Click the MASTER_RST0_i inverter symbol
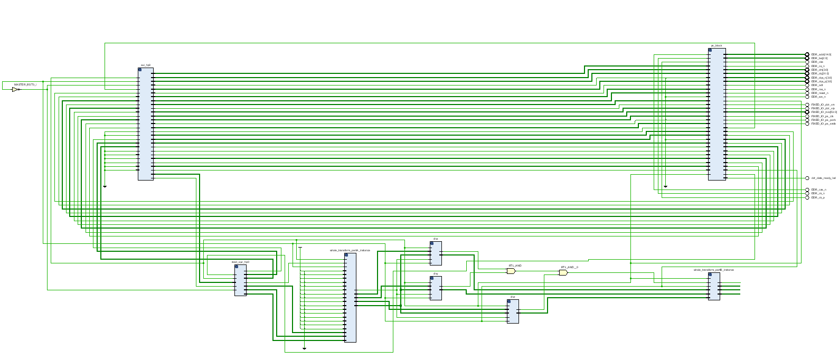coord(16,89)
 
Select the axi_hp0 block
coord(146,124)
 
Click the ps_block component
coord(717,114)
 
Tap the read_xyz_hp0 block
coord(240,280)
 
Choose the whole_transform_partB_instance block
coord(714,286)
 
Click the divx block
coord(436,253)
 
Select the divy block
coord(436,288)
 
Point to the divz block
coord(513,311)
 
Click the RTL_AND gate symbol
coord(511,271)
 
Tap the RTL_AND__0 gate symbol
coord(563,273)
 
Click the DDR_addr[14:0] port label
coord(821,54)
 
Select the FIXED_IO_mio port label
coord(824,112)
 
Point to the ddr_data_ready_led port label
coord(823,178)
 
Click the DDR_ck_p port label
coord(818,197)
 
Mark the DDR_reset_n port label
coord(819,93)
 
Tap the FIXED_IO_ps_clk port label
coord(822,116)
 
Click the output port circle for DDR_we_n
coord(807,97)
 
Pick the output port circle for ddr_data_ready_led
coord(807,178)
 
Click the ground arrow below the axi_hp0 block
coord(105,186)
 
